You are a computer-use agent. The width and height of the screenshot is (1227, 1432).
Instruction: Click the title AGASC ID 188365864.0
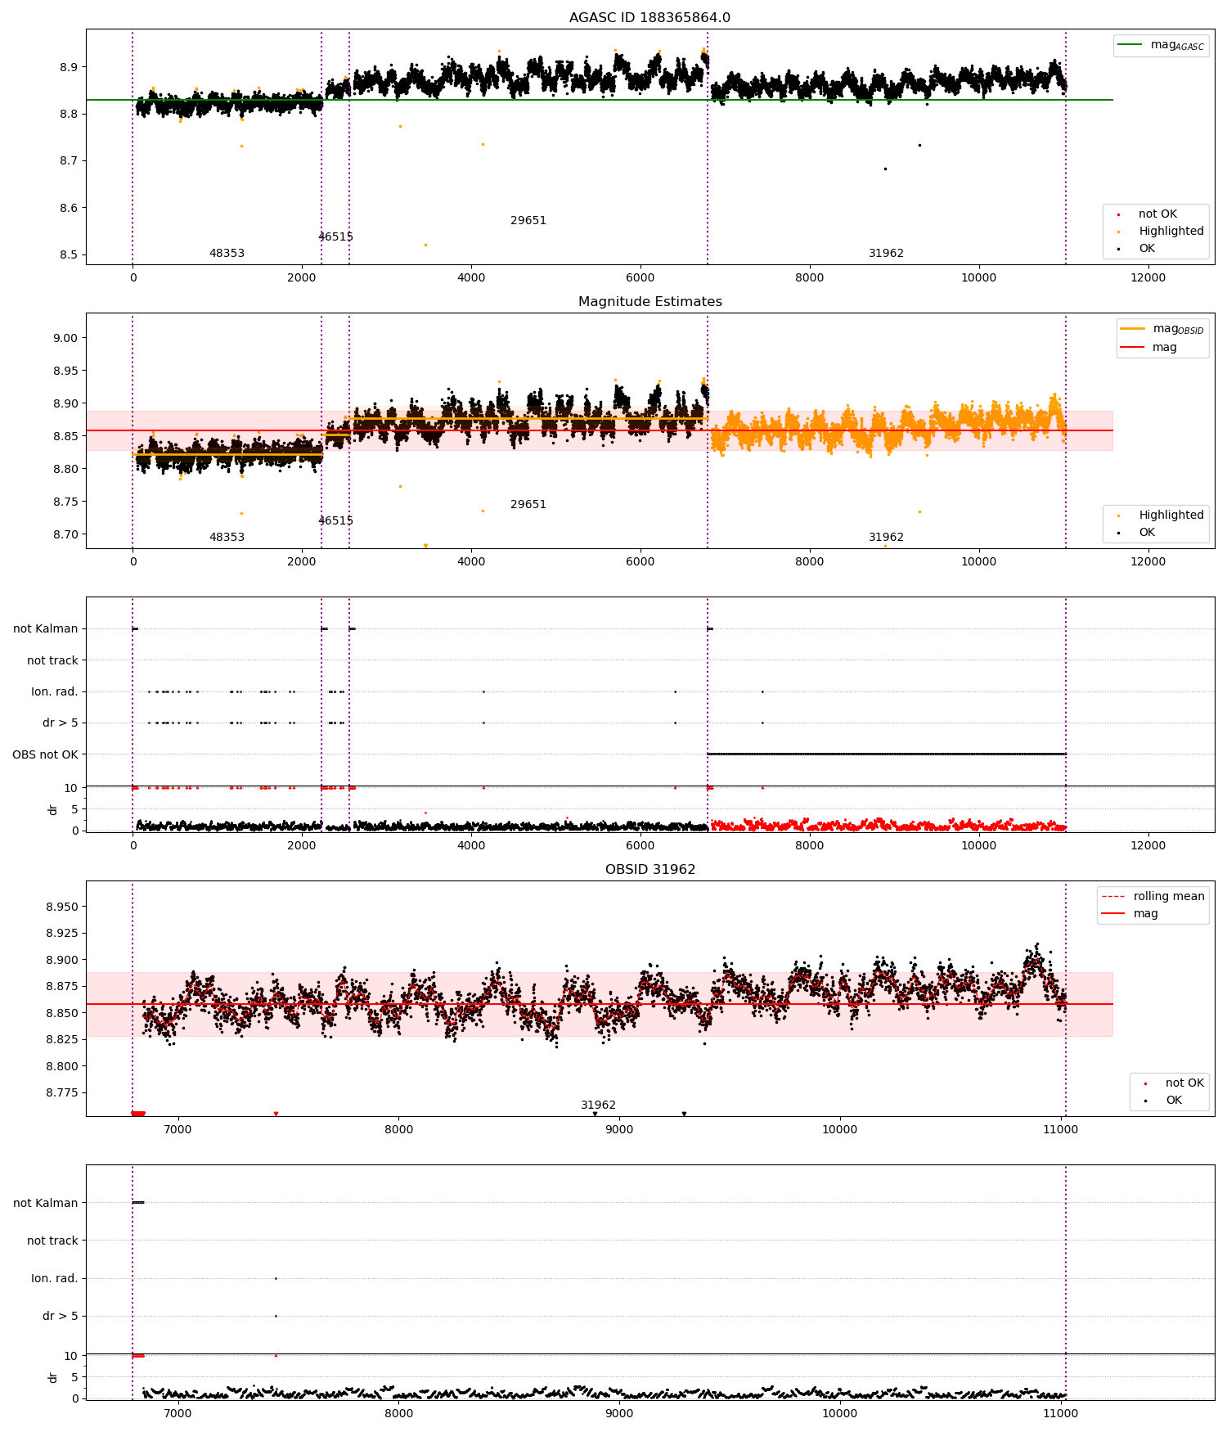tap(649, 18)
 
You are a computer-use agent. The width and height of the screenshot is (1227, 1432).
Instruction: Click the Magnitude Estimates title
tap(649, 302)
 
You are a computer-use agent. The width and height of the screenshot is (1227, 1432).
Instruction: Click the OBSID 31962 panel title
tap(649, 870)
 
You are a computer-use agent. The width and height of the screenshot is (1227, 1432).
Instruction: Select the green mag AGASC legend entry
tap(1161, 45)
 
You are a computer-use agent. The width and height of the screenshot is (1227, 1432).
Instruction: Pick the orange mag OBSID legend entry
tap(1162, 329)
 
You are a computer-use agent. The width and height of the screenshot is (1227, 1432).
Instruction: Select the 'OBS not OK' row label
tap(45, 754)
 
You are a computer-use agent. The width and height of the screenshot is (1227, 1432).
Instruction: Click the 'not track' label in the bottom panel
tap(52, 1241)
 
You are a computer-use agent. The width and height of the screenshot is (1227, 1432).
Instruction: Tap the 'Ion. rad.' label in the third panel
tap(54, 692)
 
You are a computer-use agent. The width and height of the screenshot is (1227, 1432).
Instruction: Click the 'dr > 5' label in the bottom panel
tap(60, 1316)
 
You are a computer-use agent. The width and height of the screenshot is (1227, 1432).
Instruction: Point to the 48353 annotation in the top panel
tap(227, 254)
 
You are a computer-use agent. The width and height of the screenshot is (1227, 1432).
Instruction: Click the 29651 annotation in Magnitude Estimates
tap(528, 505)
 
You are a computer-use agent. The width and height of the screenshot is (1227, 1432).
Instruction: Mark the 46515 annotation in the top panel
tap(335, 237)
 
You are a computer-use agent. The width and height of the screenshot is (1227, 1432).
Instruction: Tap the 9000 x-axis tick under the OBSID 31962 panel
tap(619, 1130)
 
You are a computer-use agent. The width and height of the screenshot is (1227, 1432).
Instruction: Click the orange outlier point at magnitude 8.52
tap(425, 245)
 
